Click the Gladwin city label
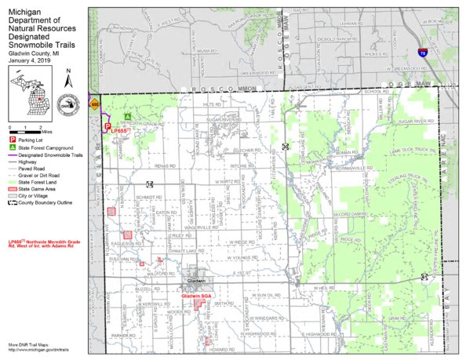[196, 280]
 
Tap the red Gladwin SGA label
[197, 296]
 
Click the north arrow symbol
[69, 80]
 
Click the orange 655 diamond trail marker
[95, 104]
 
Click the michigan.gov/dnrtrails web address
[36, 350]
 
